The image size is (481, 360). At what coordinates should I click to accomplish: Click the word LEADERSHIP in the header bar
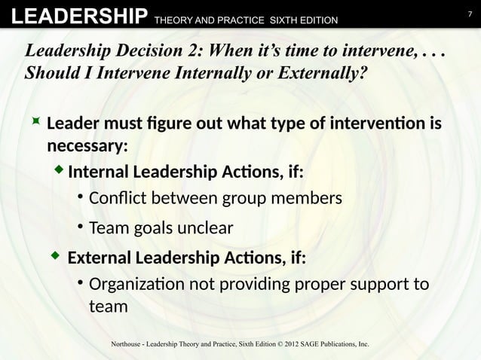[73, 15]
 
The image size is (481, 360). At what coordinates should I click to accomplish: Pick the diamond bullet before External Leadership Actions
[54, 258]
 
